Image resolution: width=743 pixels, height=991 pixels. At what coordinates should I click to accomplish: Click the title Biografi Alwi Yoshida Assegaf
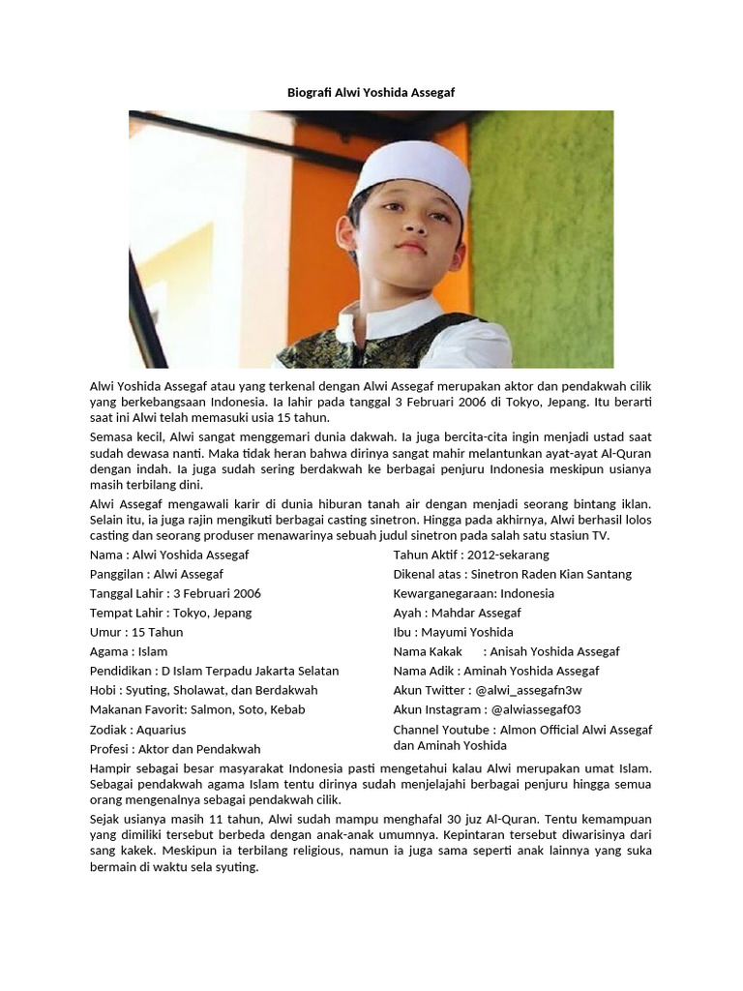tap(371, 92)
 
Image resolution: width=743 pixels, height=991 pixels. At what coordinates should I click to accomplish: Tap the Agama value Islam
tap(153, 651)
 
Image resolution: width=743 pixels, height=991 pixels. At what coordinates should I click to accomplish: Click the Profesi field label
tap(109, 749)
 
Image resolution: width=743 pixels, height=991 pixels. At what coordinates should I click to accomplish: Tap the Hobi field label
tap(104, 690)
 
